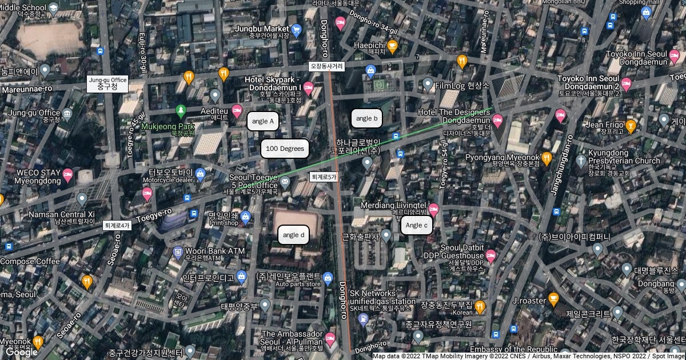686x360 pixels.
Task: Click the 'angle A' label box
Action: click(x=264, y=121)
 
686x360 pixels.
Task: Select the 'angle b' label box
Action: click(x=366, y=119)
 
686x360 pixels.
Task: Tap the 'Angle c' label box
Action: click(x=416, y=225)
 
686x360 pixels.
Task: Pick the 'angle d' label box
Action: click(x=294, y=235)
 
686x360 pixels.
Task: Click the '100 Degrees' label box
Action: click(x=285, y=149)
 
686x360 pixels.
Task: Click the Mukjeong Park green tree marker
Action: click(x=181, y=109)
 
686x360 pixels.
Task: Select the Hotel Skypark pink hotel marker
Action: click(x=309, y=88)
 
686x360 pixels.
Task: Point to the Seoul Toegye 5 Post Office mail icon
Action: click(x=285, y=182)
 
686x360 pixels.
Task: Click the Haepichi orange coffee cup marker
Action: click(x=392, y=45)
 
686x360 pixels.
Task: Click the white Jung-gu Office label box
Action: click(x=107, y=83)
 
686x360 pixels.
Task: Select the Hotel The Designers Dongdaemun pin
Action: click(x=497, y=120)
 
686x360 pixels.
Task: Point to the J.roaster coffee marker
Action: click(x=553, y=298)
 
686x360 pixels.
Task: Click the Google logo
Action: click(x=21, y=352)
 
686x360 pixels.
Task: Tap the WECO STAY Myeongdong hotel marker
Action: click(x=68, y=174)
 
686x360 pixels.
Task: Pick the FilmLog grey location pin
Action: click(x=428, y=85)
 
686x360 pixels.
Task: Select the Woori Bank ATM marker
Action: click(x=178, y=251)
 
